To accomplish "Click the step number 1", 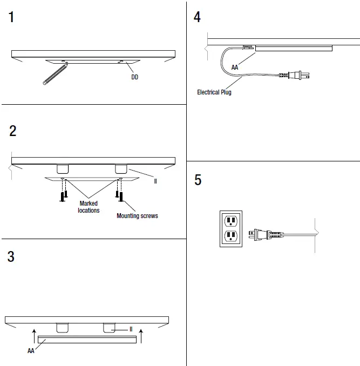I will point(11,18).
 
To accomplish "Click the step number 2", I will point(12,131).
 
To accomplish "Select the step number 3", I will point(11,257).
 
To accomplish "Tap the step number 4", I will point(198,17).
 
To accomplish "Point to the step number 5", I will point(198,180).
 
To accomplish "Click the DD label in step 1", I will point(134,77).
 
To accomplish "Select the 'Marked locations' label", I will point(89,207).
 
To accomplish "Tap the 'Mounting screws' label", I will point(137,216).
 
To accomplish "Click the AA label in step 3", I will point(31,350).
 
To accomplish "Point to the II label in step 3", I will point(131,329).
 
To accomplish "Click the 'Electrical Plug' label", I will point(214,92).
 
